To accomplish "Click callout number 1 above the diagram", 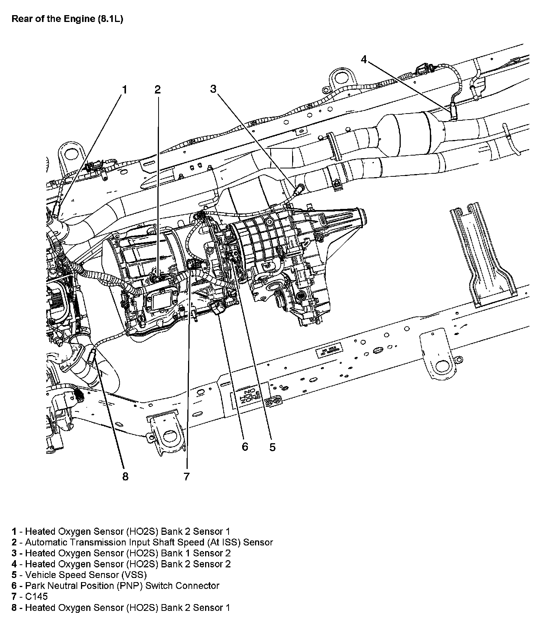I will tap(124, 90).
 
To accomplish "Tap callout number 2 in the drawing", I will tap(157, 90).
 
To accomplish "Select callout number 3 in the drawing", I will tap(213, 89).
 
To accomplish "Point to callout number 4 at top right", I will tap(364, 59).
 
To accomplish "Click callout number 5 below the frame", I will tap(272, 447).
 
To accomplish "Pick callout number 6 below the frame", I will tap(245, 447).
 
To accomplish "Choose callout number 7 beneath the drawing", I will tap(187, 477).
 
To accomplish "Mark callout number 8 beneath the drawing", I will tap(125, 477).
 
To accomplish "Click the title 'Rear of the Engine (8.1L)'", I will tap(67, 19).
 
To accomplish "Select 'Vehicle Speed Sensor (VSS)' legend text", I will tap(86, 575).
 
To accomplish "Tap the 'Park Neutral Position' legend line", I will tap(122, 586).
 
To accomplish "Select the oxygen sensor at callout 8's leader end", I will tap(92, 355).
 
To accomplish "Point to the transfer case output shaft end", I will tap(363, 217).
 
